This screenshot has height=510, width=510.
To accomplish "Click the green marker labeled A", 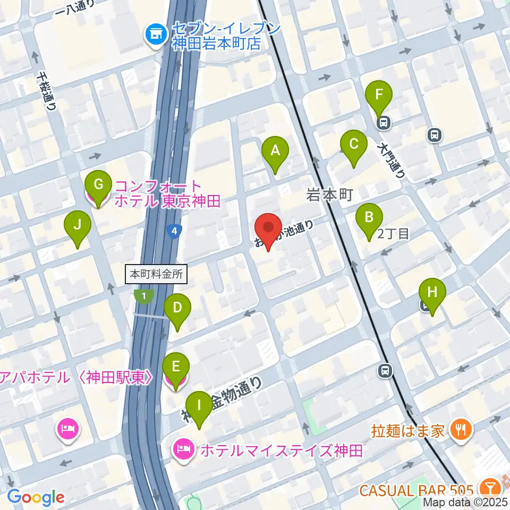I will coord(275,151).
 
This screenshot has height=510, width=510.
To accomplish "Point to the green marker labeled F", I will coord(379,96).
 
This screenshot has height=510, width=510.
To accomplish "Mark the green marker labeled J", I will coord(78,226).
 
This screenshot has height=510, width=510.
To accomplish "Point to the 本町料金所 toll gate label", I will coord(157,275).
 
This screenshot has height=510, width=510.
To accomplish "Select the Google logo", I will coord(36,497).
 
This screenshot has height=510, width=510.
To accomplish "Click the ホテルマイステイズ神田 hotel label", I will coord(281,450).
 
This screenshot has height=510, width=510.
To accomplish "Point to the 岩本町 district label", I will coord(329,196).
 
